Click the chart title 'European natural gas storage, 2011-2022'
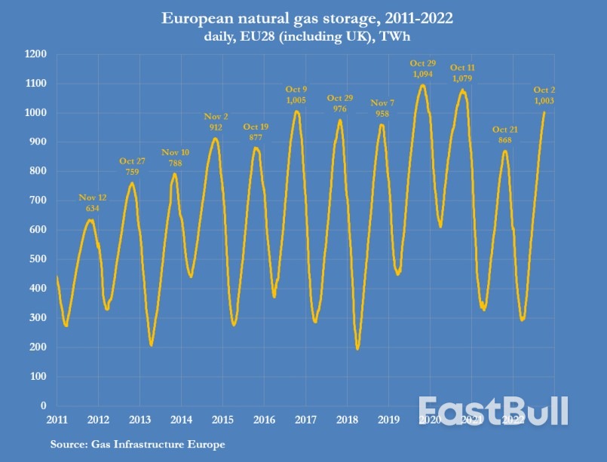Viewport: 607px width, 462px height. [x=302, y=17]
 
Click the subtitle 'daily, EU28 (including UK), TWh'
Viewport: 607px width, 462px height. [x=302, y=35]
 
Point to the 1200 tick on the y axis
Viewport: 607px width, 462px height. [x=35, y=54]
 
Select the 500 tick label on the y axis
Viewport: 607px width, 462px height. [x=37, y=259]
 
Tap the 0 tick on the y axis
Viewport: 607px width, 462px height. [x=44, y=405]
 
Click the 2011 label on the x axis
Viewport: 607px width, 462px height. [x=57, y=419]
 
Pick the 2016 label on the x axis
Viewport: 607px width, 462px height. [x=263, y=419]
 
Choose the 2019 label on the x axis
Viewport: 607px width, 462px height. [x=387, y=419]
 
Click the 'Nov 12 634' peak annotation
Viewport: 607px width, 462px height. [x=93, y=203]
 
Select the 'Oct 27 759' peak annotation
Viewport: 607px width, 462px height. [x=132, y=167]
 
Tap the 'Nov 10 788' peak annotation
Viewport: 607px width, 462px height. [x=176, y=158]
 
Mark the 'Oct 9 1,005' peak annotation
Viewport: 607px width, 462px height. [x=296, y=94]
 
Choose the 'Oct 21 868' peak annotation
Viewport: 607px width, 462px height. [x=505, y=135]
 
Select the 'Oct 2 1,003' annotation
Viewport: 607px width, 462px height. [x=544, y=95]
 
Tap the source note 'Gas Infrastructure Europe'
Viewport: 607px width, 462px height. [x=137, y=445]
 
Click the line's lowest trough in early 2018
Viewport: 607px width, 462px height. [x=357, y=348]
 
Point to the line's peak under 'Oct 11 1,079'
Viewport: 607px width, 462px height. [x=463, y=90]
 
